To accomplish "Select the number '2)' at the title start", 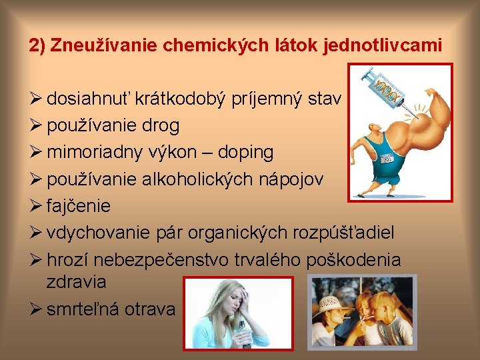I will coord(37,46).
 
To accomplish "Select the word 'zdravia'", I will coord(76,281).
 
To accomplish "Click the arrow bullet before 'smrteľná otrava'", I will coord(35,309).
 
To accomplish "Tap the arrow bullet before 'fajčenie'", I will coord(35,205).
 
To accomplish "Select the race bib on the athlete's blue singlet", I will coord(388,158).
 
